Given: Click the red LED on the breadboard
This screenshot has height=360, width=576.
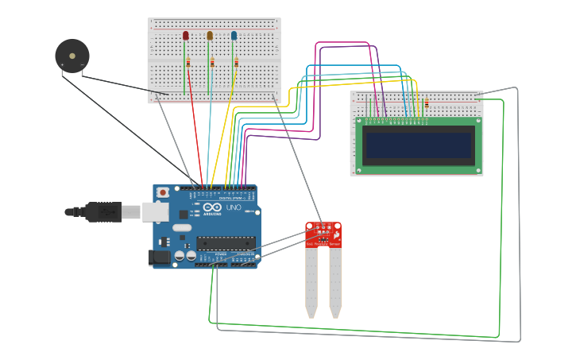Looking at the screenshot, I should tap(186, 36).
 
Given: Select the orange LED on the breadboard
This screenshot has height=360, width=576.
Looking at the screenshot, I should tap(210, 36).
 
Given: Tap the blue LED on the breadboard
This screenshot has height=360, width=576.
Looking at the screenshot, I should tap(234, 36).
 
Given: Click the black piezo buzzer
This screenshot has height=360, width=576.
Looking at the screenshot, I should tap(72, 56).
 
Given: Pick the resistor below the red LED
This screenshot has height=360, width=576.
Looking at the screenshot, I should tap(188, 63).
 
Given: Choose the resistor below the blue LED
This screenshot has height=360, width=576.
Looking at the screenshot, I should tap(236, 63).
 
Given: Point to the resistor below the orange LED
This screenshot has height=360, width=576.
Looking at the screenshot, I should tap(212, 63).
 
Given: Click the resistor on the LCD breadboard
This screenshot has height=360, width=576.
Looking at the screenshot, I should tap(427, 103).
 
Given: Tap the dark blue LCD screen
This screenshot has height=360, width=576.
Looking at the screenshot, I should tap(419, 145).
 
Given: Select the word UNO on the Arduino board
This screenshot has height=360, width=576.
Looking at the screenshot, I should tap(234, 207).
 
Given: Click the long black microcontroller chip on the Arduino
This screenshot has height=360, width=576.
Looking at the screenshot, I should tap(226, 242).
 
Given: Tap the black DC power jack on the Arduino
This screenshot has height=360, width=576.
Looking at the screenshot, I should tap(159, 257).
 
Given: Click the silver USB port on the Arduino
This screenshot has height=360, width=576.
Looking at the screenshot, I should tap(156, 211).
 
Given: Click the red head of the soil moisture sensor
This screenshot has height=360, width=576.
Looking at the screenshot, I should tap(323, 234).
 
